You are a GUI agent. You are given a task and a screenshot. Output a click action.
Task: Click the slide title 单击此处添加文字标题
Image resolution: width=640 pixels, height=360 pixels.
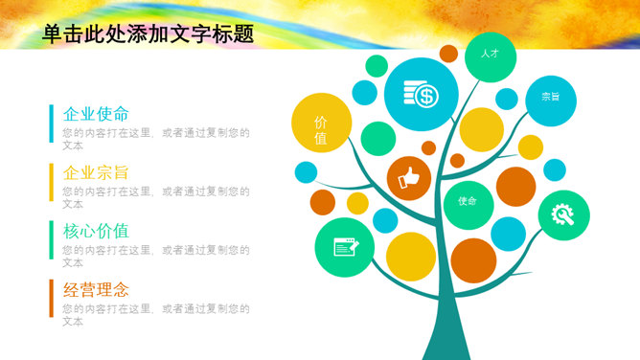(149, 34)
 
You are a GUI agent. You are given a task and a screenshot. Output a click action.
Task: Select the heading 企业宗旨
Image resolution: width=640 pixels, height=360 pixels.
(96, 173)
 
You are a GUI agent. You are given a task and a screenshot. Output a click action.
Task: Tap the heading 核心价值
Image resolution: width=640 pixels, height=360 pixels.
(96, 232)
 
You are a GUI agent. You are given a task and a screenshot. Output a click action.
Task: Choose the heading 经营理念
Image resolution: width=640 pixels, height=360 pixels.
(96, 290)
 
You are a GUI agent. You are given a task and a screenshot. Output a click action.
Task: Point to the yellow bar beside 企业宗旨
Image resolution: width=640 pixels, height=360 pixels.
(52, 182)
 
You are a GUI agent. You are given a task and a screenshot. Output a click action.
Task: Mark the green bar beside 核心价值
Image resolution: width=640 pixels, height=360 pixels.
(52, 240)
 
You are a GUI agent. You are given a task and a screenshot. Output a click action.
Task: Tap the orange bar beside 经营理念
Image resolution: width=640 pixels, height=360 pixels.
(52, 299)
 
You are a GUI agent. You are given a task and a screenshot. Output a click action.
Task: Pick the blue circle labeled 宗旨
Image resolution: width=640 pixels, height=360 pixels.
(551, 97)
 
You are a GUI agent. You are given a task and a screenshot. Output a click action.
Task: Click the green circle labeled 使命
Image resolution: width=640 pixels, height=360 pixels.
(467, 201)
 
